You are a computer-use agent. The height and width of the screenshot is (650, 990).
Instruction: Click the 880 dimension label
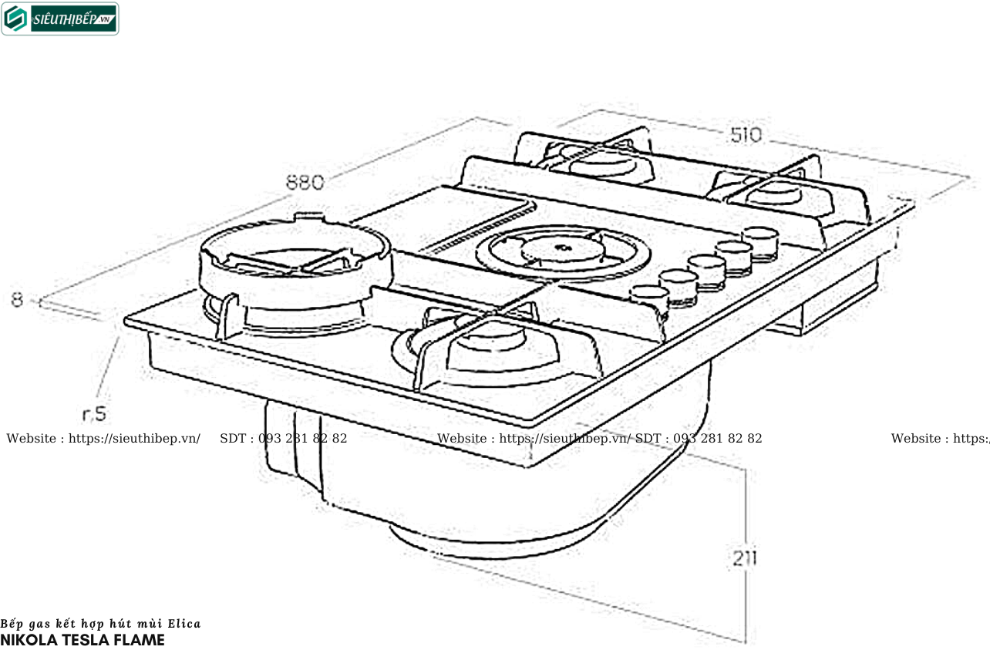[305, 183]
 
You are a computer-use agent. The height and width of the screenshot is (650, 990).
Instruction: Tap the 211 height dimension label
[743, 558]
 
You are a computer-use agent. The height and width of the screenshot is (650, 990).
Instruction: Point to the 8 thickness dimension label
[17, 300]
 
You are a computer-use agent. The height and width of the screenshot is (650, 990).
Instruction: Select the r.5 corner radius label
[94, 414]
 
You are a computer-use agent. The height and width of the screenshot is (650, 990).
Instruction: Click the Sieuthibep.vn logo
[60, 19]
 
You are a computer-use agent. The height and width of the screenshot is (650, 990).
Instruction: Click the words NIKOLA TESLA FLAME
[82, 640]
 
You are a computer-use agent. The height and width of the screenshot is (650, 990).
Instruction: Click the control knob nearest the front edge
[648, 297]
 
